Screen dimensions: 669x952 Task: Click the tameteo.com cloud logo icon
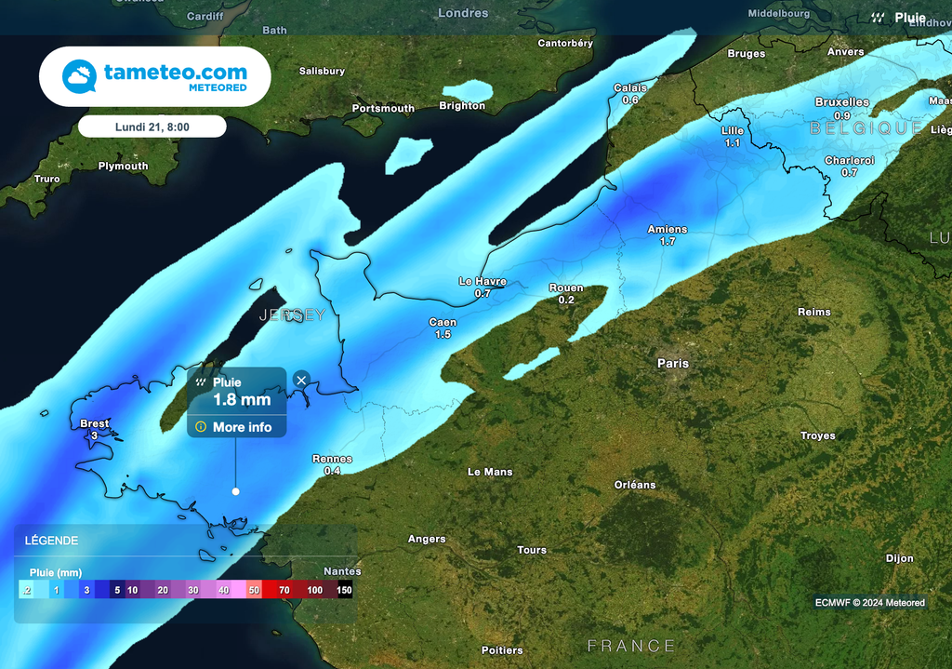[79, 76]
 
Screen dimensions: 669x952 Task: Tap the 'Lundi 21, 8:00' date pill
[152, 127]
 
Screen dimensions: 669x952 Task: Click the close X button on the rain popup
[301, 380]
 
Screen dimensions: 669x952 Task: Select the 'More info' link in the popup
[242, 427]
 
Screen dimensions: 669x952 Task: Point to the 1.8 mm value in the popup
[242, 400]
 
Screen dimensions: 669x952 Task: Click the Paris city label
[673, 364]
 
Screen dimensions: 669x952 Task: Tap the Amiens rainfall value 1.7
[668, 242]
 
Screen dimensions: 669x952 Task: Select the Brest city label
[95, 423]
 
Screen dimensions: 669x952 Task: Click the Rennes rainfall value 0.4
[332, 471]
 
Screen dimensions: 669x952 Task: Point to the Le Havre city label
[483, 281]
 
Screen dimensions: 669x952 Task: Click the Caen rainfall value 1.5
[443, 334]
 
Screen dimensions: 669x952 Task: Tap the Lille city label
[733, 131]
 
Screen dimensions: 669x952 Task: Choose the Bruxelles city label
[842, 102]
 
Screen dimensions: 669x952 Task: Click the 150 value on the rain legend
[344, 590]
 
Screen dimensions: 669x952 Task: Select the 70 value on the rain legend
[284, 590]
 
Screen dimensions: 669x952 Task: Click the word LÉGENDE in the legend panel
[51, 541]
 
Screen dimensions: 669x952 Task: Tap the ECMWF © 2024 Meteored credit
[869, 603]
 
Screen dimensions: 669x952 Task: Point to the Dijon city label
[899, 558]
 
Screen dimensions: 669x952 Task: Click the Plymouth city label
[123, 167]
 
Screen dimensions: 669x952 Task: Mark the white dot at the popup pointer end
[236, 491]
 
